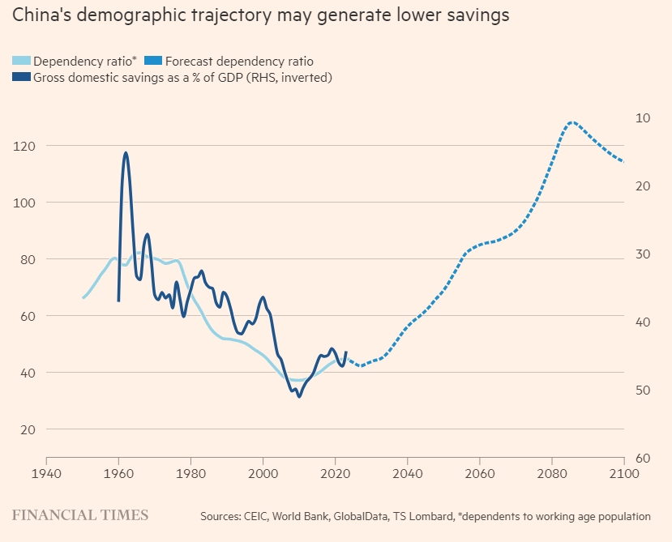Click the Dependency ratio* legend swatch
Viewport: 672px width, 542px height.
pyautogui.click(x=21, y=61)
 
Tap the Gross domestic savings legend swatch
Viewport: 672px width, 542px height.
pyautogui.click(x=21, y=78)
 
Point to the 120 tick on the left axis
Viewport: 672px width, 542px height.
pyautogui.click(x=24, y=146)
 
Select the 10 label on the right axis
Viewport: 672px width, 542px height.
pyautogui.click(x=644, y=118)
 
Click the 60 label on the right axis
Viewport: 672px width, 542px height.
pyautogui.click(x=644, y=459)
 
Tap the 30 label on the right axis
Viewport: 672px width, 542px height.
pyautogui.click(x=644, y=254)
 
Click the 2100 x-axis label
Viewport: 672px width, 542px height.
pyautogui.click(x=623, y=472)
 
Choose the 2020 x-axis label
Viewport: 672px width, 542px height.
pyautogui.click(x=335, y=472)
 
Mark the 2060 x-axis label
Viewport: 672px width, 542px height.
pyautogui.click(x=479, y=472)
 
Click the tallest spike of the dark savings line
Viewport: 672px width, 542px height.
pyautogui.click(x=126, y=152)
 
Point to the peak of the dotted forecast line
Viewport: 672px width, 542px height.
pyautogui.click(x=571, y=122)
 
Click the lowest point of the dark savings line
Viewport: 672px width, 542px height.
pyautogui.click(x=299, y=396)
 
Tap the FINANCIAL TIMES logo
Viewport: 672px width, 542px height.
pyautogui.click(x=79, y=515)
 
